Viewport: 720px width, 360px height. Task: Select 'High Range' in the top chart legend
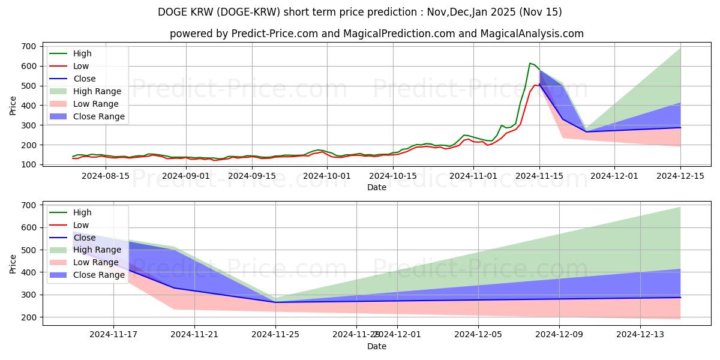(97, 91)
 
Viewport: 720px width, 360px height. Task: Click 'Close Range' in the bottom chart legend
(98, 275)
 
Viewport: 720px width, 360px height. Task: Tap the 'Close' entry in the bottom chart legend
(84, 238)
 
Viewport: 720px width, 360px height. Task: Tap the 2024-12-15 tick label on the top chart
(680, 176)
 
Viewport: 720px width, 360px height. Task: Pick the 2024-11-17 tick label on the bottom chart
(113, 334)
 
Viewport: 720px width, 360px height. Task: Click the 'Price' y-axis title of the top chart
(13, 106)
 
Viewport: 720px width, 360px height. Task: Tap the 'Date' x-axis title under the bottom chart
(376, 346)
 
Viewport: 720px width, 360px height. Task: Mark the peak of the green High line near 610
(530, 63)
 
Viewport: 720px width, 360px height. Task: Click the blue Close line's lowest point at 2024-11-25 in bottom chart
(275, 302)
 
